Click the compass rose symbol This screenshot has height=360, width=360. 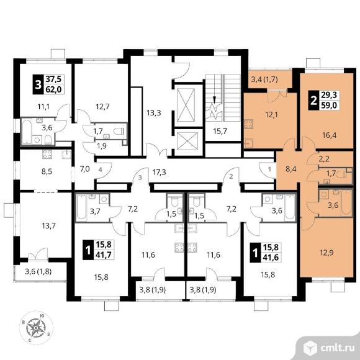pyautogui.click(x=36, y=328)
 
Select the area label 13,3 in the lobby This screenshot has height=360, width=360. pyautogui.click(x=154, y=113)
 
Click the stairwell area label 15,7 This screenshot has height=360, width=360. pyautogui.click(x=220, y=132)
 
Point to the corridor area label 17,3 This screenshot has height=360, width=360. pyautogui.click(x=160, y=172)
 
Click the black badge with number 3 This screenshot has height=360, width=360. pyautogui.click(x=38, y=84)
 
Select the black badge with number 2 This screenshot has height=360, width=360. pyautogui.click(x=313, y=101)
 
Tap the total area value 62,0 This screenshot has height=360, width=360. pyautogui.click(x=54, y=89)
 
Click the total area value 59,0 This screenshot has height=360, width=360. pyautogui.click(x=329, y=106)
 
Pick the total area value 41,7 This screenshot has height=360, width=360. pyautogui.click(x=104, y=254)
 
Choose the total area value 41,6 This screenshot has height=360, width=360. pyautogui.click(x=271, y=258)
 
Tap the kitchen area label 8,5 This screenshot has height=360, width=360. pyautogui.click(x=47, y=171)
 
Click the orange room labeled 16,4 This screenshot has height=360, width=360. pyautogui.click(x=329, y=135)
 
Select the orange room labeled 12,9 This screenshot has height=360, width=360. pyautogui.click(x=326, y=253)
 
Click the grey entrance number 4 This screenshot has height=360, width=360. pyautogui.click(x=101, y=170)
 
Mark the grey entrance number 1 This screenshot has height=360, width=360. pyautogui.click(x=269, y=169)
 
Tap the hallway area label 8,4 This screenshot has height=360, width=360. pyautogui.click(x=291, y=169)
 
